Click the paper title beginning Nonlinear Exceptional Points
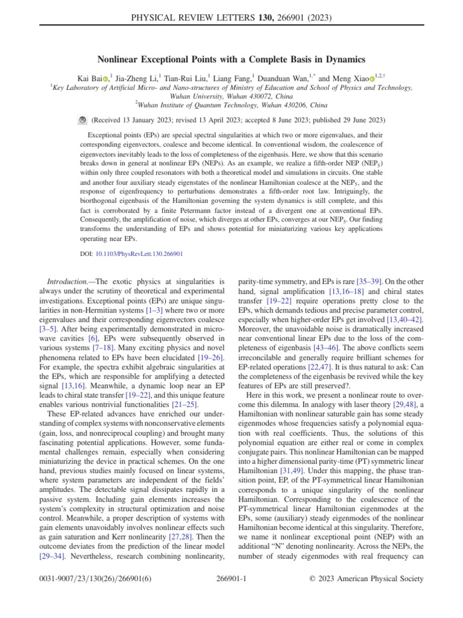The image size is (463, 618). click(x=231, y=59)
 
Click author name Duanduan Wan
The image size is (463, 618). click(x=285, y=78)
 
